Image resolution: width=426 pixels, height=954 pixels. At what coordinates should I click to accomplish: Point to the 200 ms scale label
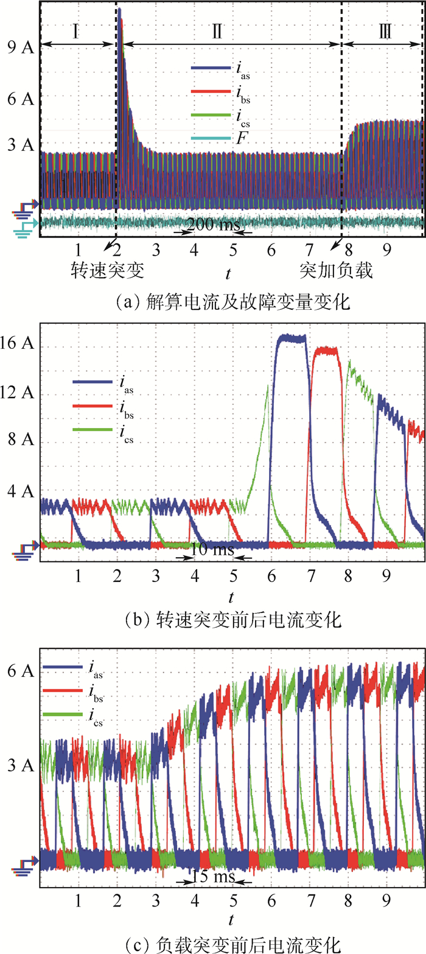tap(209, 225)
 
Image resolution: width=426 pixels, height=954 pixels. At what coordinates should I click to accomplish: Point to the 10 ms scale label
tap(209, 550)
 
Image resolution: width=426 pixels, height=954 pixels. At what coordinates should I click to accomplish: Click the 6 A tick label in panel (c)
tap(20, 671)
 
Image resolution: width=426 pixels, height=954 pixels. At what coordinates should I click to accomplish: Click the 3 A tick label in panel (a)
tap(20, 145)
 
